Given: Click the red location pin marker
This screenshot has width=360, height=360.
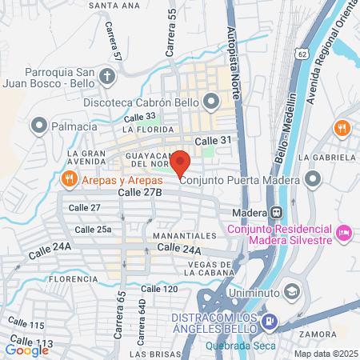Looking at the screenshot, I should click(x=181, y=162).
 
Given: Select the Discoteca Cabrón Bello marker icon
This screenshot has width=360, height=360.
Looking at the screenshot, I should click(x=211, y=101).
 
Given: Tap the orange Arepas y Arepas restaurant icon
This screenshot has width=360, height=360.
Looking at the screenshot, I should click(x=70, y=179).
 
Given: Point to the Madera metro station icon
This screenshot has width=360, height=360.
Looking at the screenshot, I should click(x=276, y=213).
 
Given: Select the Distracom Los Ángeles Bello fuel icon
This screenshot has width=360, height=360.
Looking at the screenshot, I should click(x=270, y=322).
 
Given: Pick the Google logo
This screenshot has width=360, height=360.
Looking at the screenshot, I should click(x=27, y=349).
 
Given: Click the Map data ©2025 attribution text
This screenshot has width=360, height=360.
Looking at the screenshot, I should click(x=324, y=354).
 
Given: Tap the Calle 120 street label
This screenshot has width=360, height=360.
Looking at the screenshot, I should click(x=157, y=288).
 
